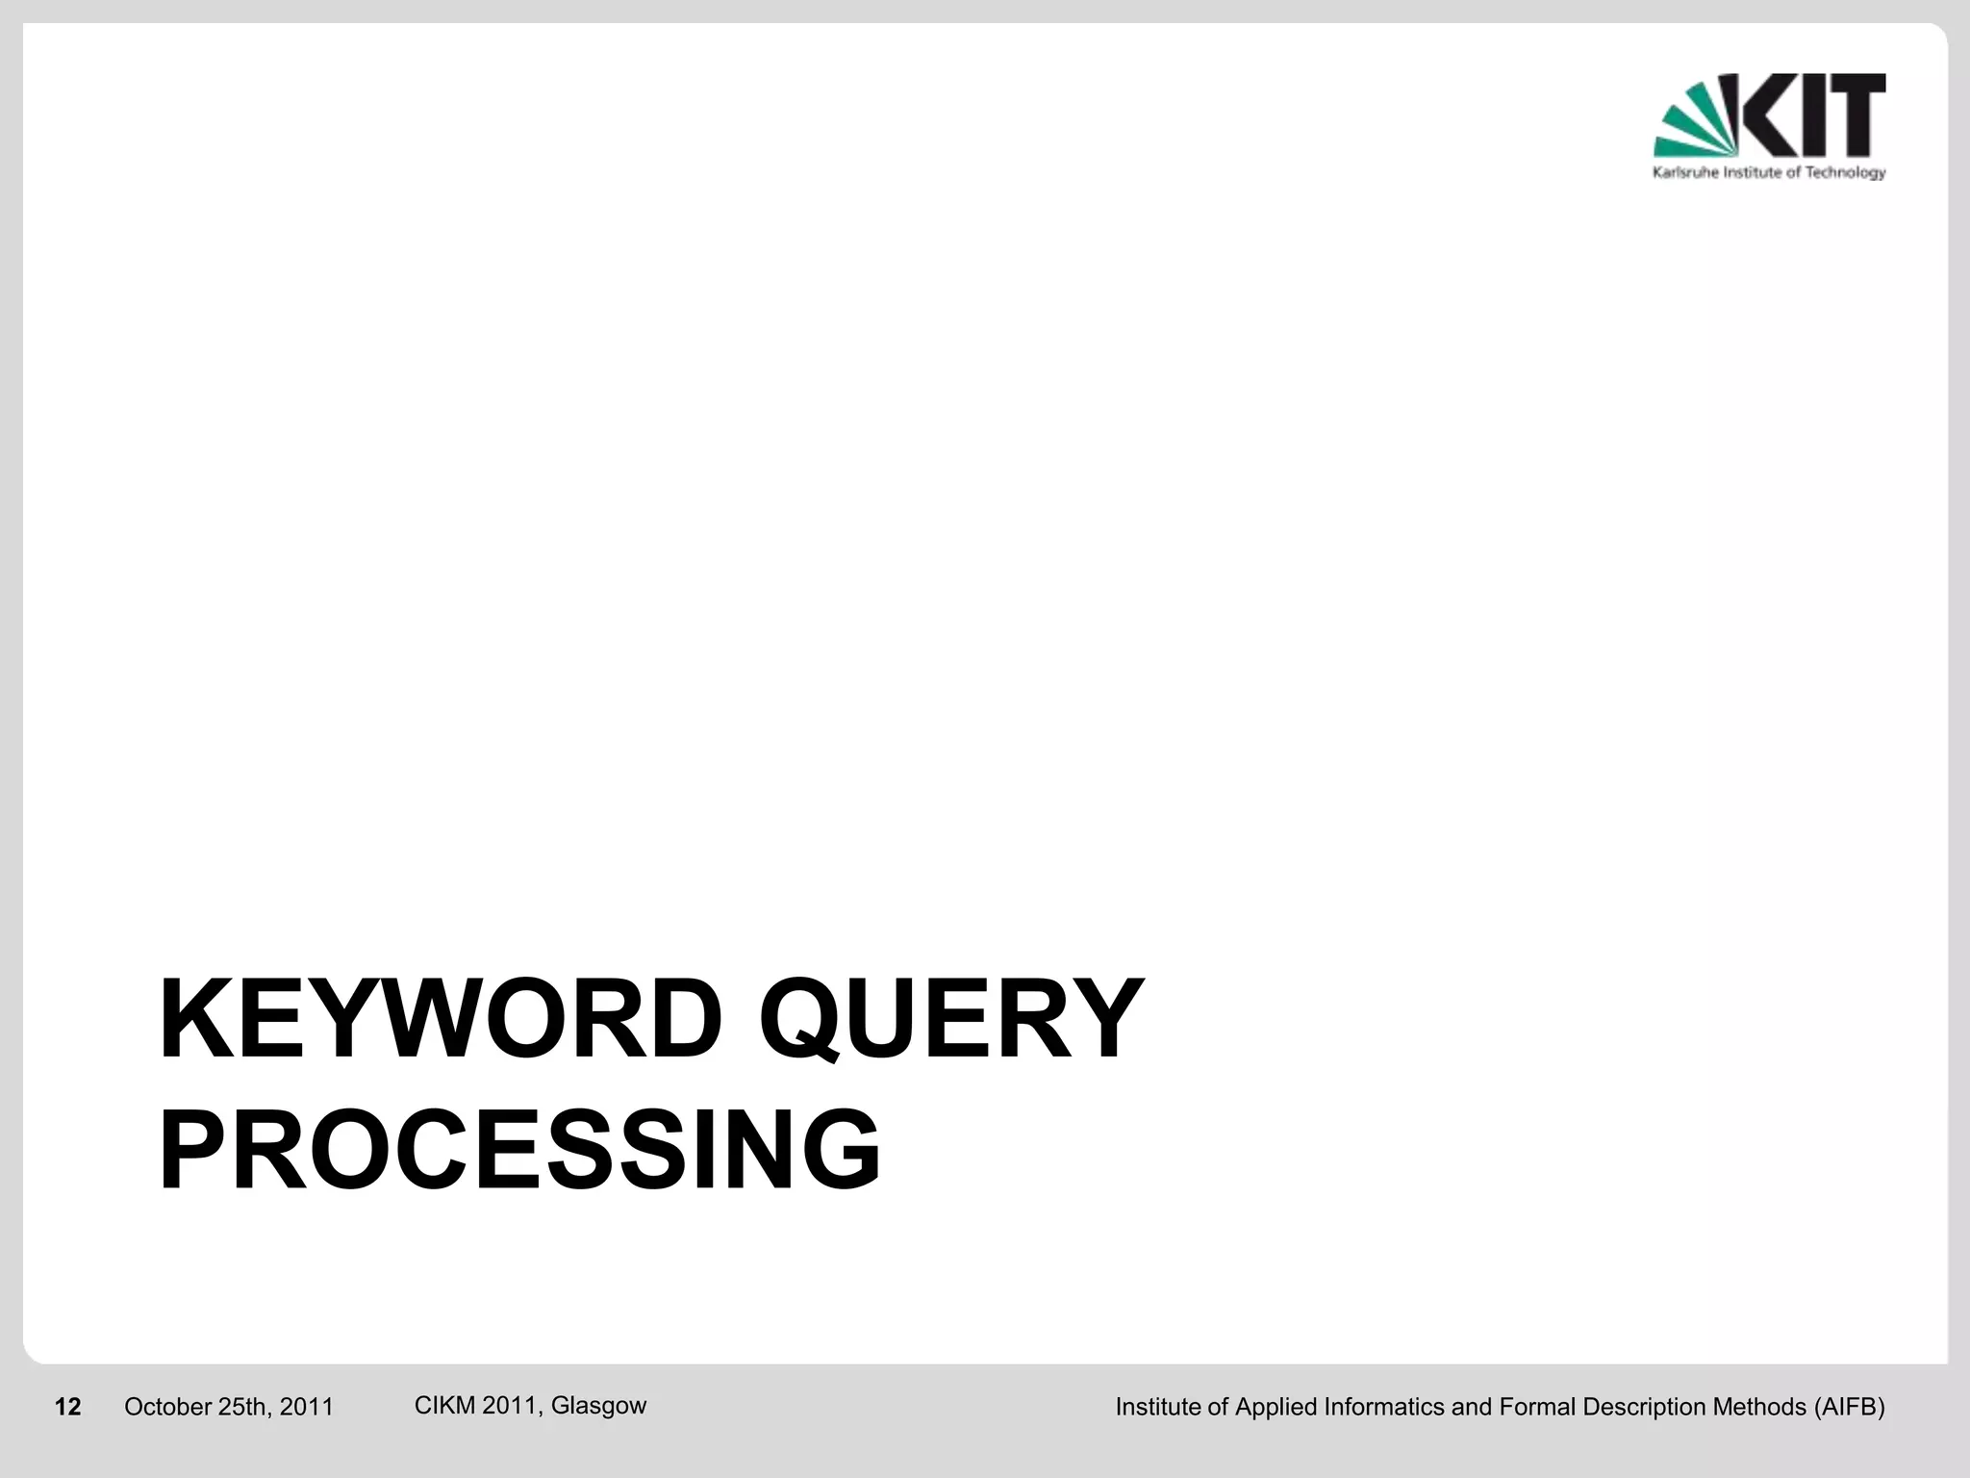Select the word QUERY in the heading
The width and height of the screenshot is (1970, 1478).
(x=950, y=1020)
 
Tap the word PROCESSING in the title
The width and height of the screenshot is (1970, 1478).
(x=519, y=1151)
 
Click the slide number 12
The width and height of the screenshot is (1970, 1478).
(x=67, y=1408)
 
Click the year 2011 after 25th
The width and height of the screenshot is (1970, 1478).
(x=307, y=1408)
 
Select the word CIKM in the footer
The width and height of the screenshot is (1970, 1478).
(x=444, y=1406)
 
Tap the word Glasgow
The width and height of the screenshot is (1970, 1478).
(x=598, y=1406)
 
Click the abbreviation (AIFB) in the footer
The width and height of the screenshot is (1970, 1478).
(x=1849, y=1408)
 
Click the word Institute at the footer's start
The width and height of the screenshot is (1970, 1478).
(x=1157, y=1408)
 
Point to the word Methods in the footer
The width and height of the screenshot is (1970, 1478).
(x=1759, y=1408)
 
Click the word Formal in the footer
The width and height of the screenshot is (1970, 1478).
(x=1538, y=1408)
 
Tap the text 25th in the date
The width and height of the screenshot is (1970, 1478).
(x=244, y=1408)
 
